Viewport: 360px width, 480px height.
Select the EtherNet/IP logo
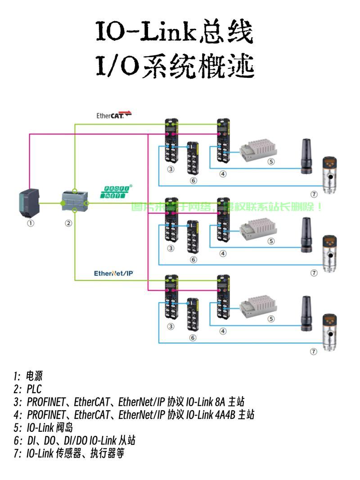(114, 273)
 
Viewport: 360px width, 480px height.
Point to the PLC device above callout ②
(72, 203)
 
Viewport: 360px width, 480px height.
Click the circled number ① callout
(30, 223)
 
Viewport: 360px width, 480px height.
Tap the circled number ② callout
(68, 223)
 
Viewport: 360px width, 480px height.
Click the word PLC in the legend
(34, 389)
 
